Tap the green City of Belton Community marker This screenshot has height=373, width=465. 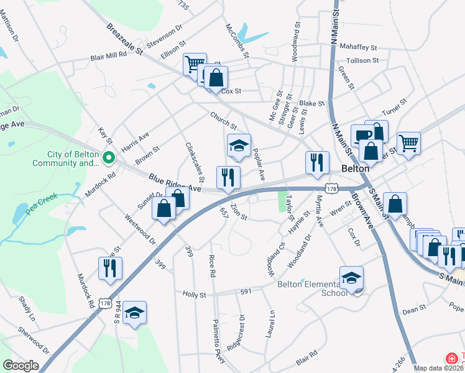(109, 159)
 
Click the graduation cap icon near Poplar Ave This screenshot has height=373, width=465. (239, 145)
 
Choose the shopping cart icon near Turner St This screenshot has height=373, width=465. (408, 143)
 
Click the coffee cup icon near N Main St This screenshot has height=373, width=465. (362, 135)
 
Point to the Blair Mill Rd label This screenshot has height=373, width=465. (109, 55)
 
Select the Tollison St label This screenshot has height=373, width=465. (362, 60)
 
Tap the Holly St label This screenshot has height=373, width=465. (194, 293)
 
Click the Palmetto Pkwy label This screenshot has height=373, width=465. (219, 337)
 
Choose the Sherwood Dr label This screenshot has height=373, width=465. (34, 339)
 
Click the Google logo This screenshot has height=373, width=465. (21, 366)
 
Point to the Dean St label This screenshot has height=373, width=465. (413, 308)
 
